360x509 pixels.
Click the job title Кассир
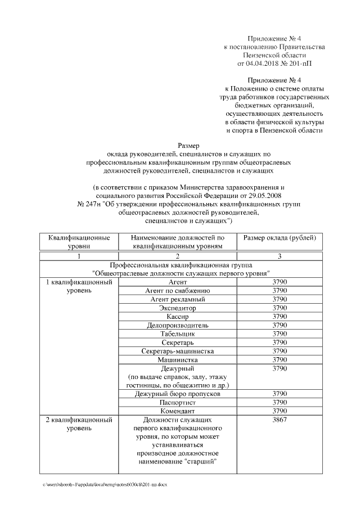pyautogui.click(x=178, y=317)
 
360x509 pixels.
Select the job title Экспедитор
pyautogui.click(x=178, y=308)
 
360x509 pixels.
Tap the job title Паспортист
pyautogui.click(x=178, y=403)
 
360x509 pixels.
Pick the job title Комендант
pyautogui.click(x=178, y=411)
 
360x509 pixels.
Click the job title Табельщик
pyautogui.click(x=178, y=334)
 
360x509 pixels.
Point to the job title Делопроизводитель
pyautogui.click(x=178, y=325)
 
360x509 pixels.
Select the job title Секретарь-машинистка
pyautogui.click(x=178, y=351)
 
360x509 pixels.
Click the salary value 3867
pyautogui.click(x=280, y=420)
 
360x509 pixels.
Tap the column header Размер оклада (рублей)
pyautogui.click(x=280, y=238)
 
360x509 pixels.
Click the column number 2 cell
pyautogui.click(x=178, y=256)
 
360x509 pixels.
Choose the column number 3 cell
pyautogui.click(x=280, y=256)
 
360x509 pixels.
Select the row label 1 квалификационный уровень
pyautogui.click(x=79, y=286)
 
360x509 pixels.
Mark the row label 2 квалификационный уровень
pyautogui.click(x=79, y=424)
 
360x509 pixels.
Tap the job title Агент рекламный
pyautogui.click(x=178, y=299)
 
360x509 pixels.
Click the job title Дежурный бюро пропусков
pyautogui.click(x=178, y=394)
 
